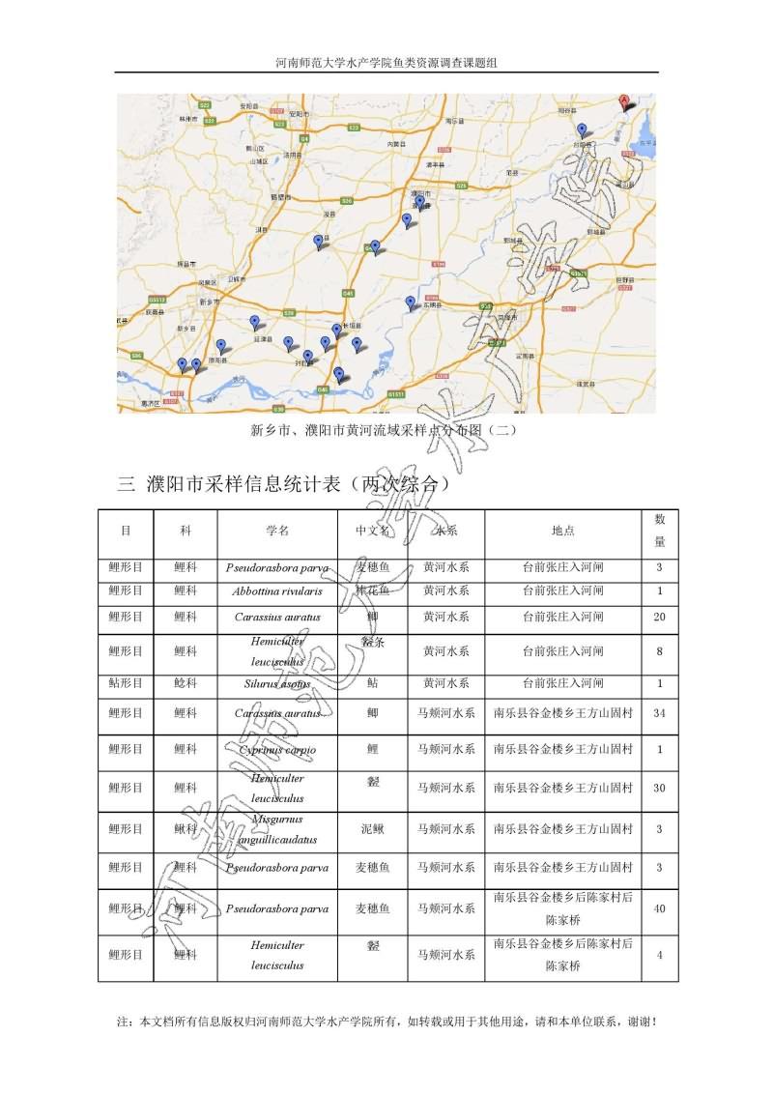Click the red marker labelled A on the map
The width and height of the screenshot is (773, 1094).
(624, 101)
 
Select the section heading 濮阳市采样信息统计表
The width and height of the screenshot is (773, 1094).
(285, 485)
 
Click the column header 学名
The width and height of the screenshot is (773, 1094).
(277, 531)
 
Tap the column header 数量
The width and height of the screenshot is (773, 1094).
(659, 531)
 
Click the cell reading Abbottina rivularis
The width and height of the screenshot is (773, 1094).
(277, 590)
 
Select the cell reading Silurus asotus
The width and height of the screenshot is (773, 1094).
(277, 683)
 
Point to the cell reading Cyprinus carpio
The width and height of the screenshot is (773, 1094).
(277, 749)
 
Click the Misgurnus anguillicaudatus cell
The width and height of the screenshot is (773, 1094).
(277, 829)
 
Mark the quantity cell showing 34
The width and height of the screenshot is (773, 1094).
(659, 713)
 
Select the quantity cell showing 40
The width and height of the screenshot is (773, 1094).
(659, 908)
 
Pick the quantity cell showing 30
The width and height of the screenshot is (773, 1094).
(659, 789)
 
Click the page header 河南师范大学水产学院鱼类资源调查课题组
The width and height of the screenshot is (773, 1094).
(386, 63)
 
